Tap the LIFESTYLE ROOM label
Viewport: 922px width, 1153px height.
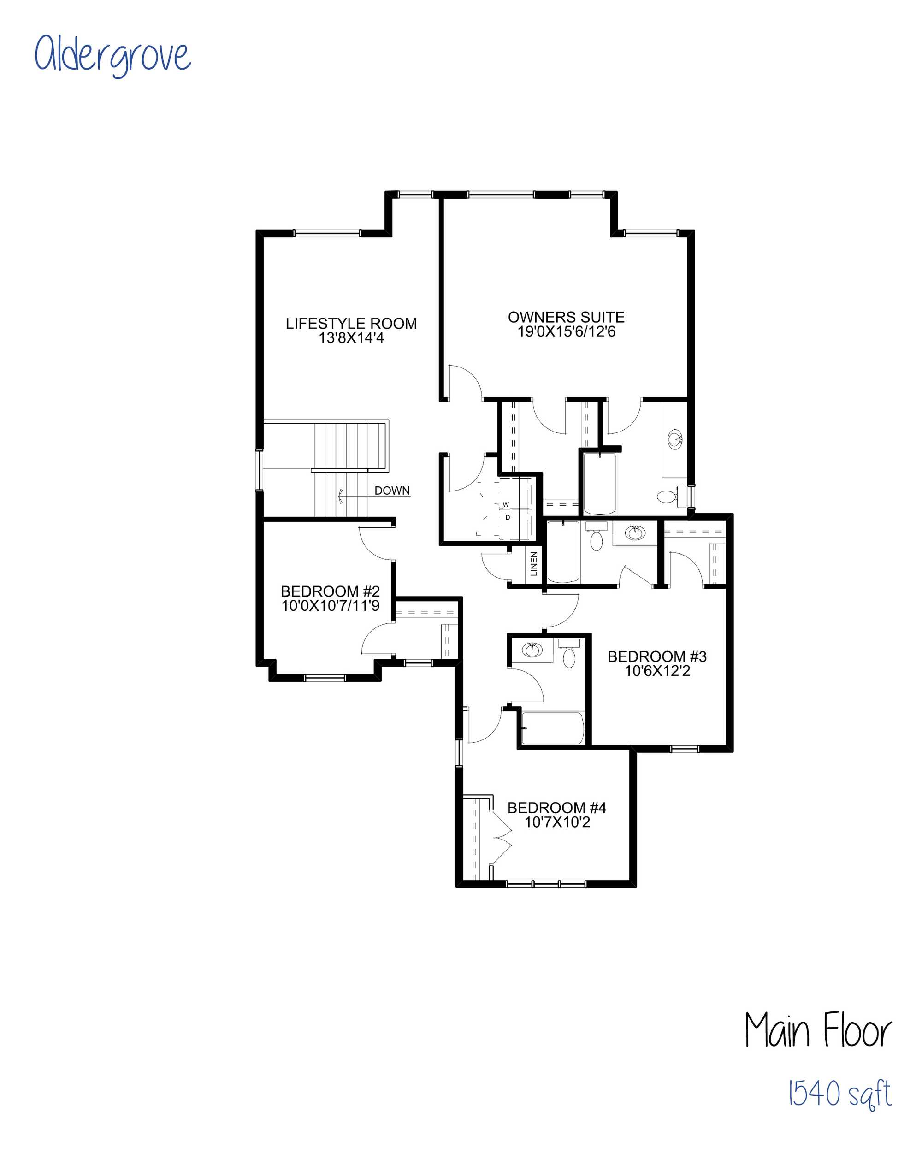[351, 324]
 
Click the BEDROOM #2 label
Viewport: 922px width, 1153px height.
[330, 591]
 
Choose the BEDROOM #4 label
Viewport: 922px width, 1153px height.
[557, 808]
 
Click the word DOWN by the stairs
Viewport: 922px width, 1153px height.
[392, 491]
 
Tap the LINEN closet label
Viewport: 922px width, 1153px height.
[534, 564]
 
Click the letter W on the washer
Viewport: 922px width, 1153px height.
[505, 504]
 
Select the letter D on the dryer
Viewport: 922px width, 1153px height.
[508, 517]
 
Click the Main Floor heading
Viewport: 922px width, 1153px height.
[818, 1030]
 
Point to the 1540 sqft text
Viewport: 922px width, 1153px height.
[839, 1094]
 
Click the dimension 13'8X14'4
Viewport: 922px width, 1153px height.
[351, 338]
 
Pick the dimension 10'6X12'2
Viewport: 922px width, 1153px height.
[657, 671]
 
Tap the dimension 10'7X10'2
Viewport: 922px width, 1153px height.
[557, 822]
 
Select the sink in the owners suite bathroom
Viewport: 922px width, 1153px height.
[675, 440]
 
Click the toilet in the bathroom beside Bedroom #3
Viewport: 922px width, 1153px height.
[569, 654]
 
